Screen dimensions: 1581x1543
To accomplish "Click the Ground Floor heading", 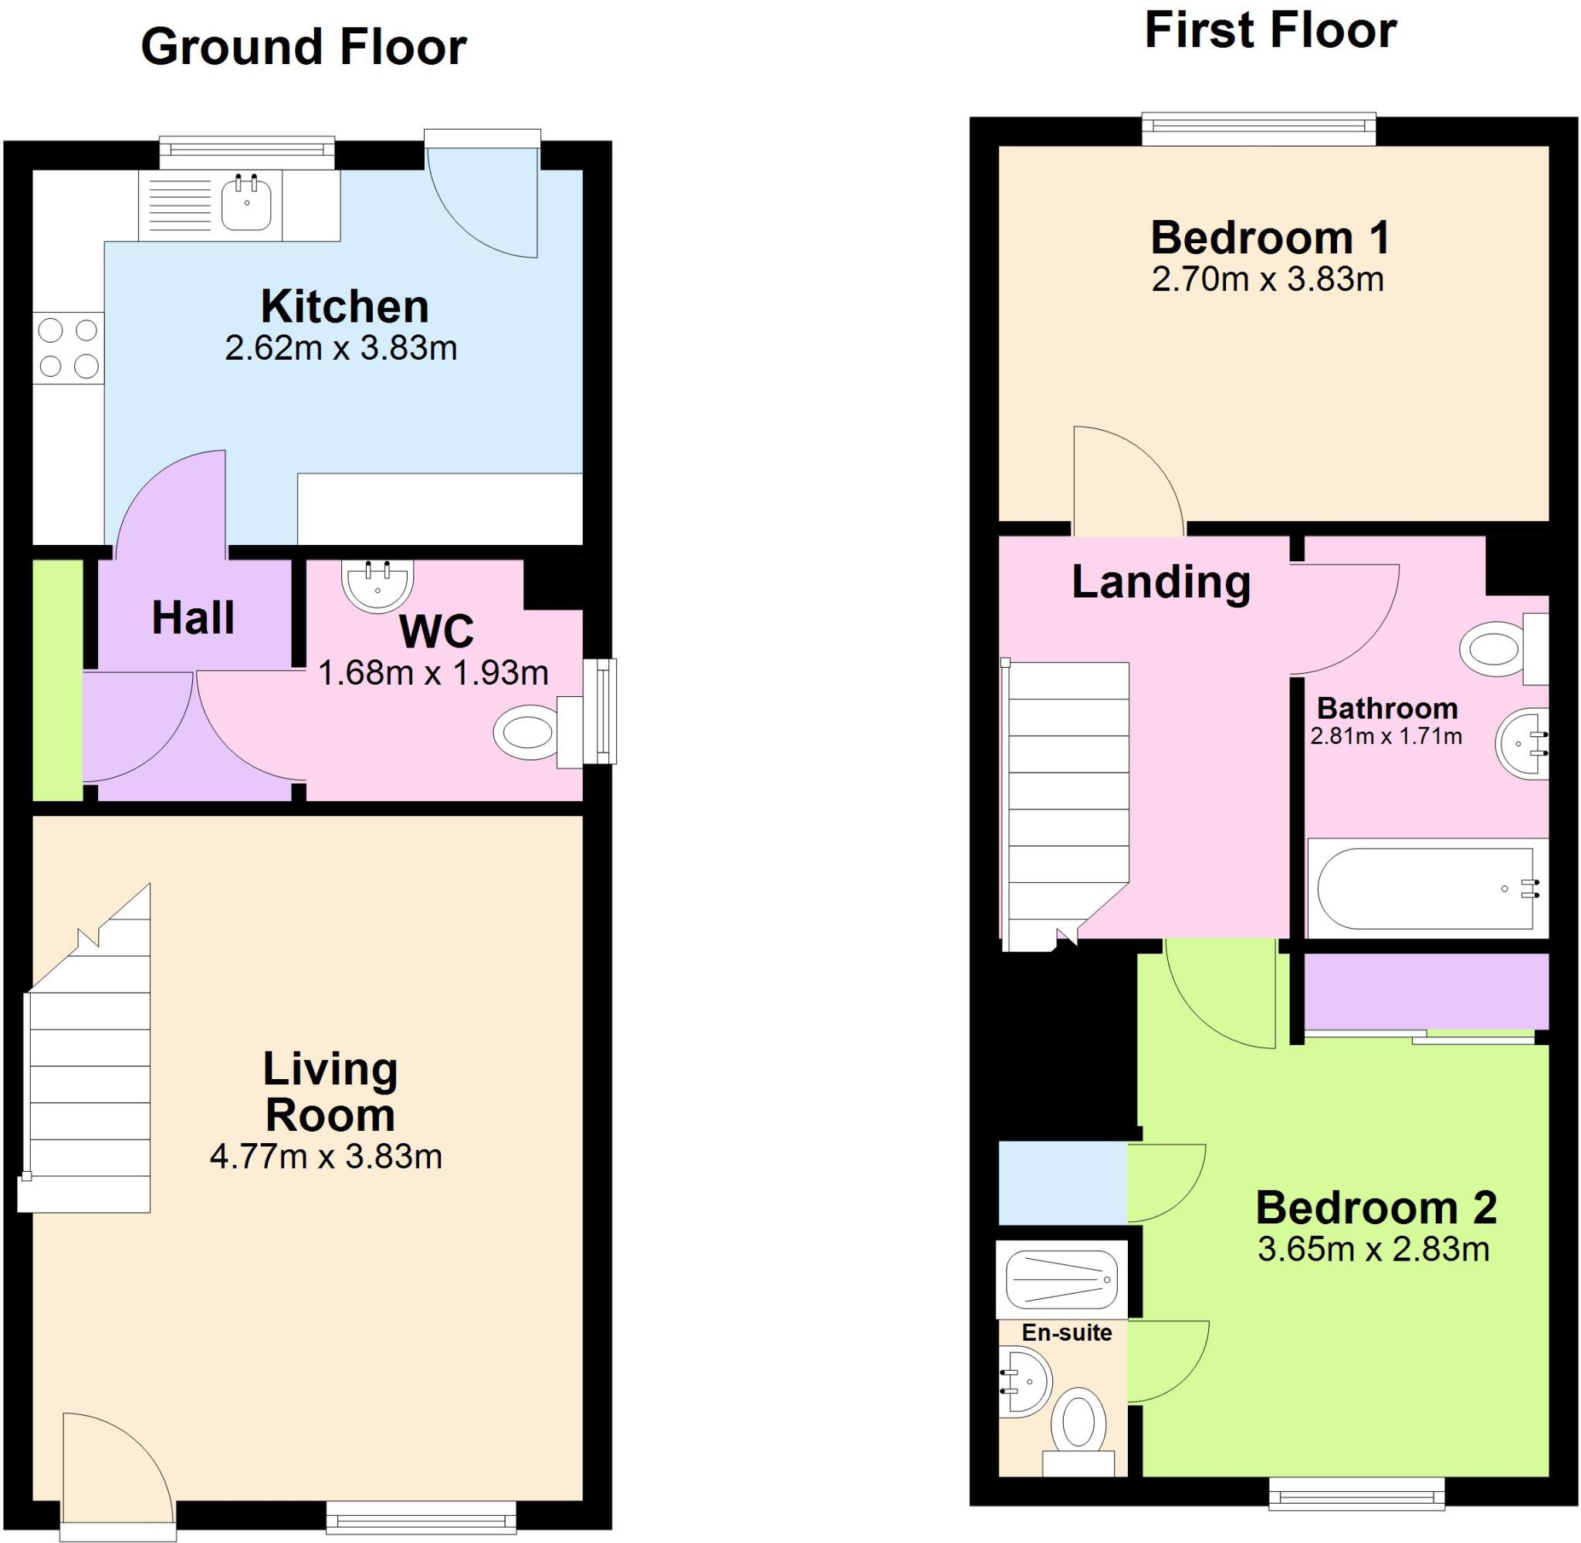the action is click(304, 47).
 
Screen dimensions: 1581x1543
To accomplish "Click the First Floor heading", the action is click(1270, 31).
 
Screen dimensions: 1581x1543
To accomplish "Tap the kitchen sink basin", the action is click(246, 205).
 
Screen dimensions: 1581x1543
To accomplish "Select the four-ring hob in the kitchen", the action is click(69, 348).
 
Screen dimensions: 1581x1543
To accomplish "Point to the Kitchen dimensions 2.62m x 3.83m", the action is click(341, 348).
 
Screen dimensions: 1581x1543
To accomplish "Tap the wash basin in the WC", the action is click(379, 585).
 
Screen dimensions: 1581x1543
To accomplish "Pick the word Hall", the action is click(193, 618).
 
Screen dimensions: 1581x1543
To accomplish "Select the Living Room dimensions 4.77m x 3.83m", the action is click(326, 1156).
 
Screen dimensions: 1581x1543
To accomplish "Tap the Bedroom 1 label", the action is click(1271, 239).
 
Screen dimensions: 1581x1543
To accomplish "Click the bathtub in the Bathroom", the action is click(1427, 889).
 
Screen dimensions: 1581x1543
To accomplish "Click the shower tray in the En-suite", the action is click(1061, 1279).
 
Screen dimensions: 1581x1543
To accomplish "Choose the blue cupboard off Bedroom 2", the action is click(1062, 1183).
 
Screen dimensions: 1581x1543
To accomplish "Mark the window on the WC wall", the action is click(600, 712).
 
